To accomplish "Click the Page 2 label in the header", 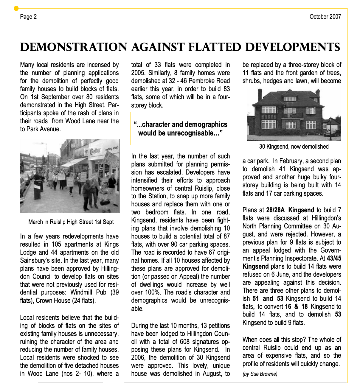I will [x=28, y=17].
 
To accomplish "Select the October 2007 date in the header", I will [x=325, y=17].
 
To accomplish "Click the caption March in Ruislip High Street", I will [x=71, y=222].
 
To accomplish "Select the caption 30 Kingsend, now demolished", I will [x=294, y=147].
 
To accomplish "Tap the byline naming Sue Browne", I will [x=260, y=374].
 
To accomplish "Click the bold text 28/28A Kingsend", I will [x=290, y=210].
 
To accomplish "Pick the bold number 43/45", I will [x=334, y=258].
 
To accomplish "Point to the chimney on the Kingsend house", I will [x=260, y=95].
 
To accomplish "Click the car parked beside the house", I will [x=335, y=132].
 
